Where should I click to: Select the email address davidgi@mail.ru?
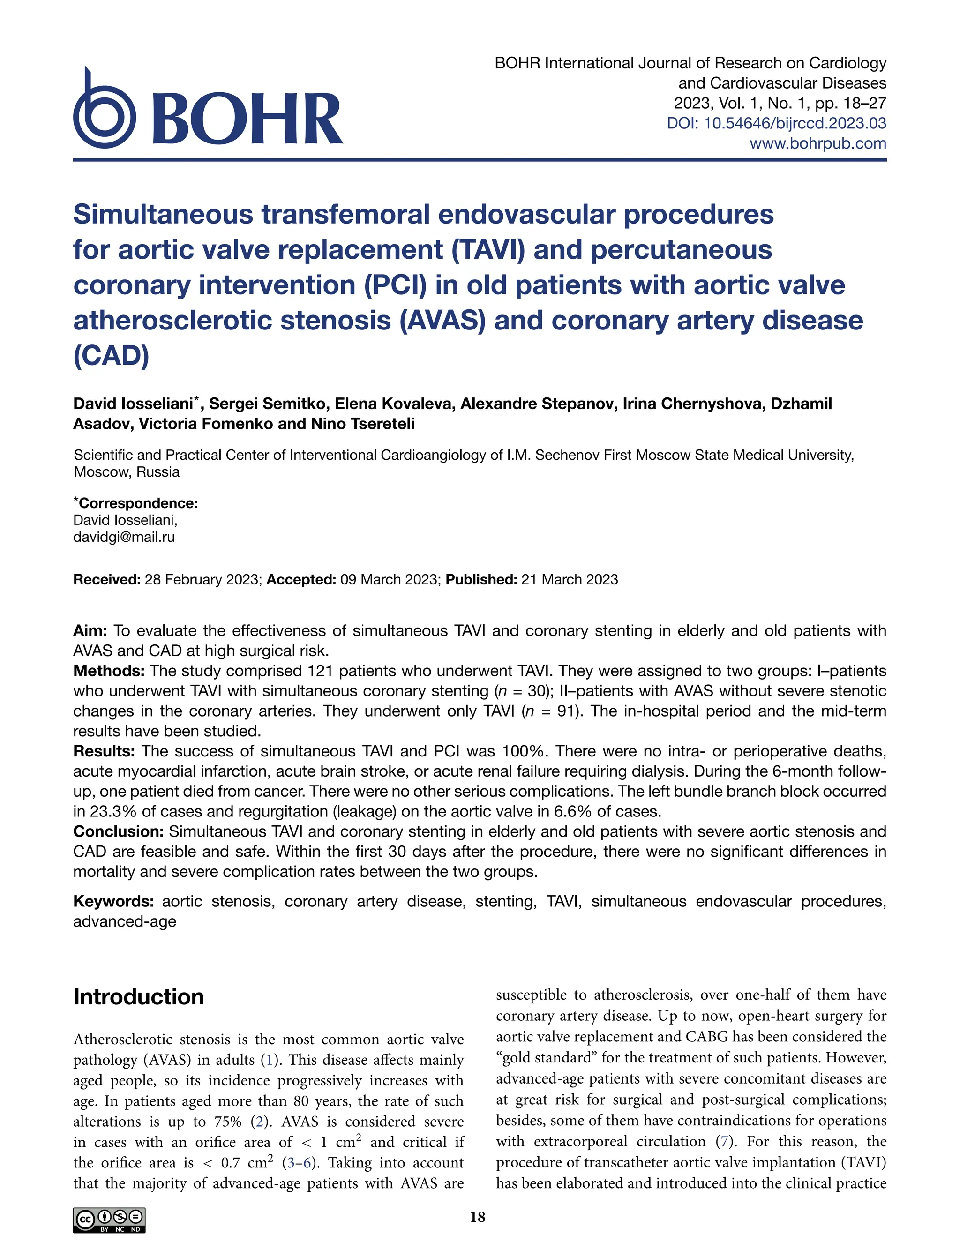point(124,537)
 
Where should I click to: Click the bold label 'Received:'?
point(107,579)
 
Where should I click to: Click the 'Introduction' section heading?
point(138,996)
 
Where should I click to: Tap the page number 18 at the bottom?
point(478,1217)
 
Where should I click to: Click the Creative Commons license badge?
point(109,1220)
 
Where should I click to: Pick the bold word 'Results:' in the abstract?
point(104,751)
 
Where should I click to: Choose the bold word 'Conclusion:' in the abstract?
point(119,831)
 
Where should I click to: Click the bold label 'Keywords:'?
point(113,902)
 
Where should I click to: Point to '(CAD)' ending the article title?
point(112,355)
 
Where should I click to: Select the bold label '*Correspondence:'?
point(136,503)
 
